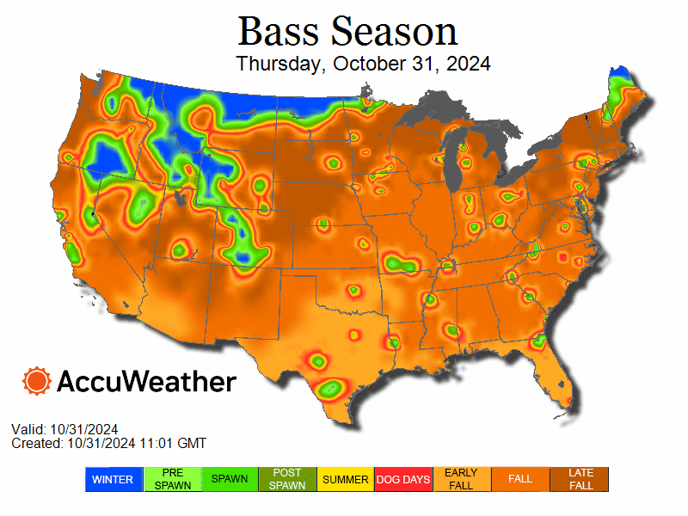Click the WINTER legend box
pos(112,479)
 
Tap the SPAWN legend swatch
pos(229,479)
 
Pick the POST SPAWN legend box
pos(287,479)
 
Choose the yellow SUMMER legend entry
pos(346,479)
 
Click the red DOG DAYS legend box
pos(403,479)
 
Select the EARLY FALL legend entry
pos(462,479)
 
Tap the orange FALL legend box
pos(520,479)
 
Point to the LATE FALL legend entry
pos(580,479)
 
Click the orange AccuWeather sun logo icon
pos(37,381)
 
